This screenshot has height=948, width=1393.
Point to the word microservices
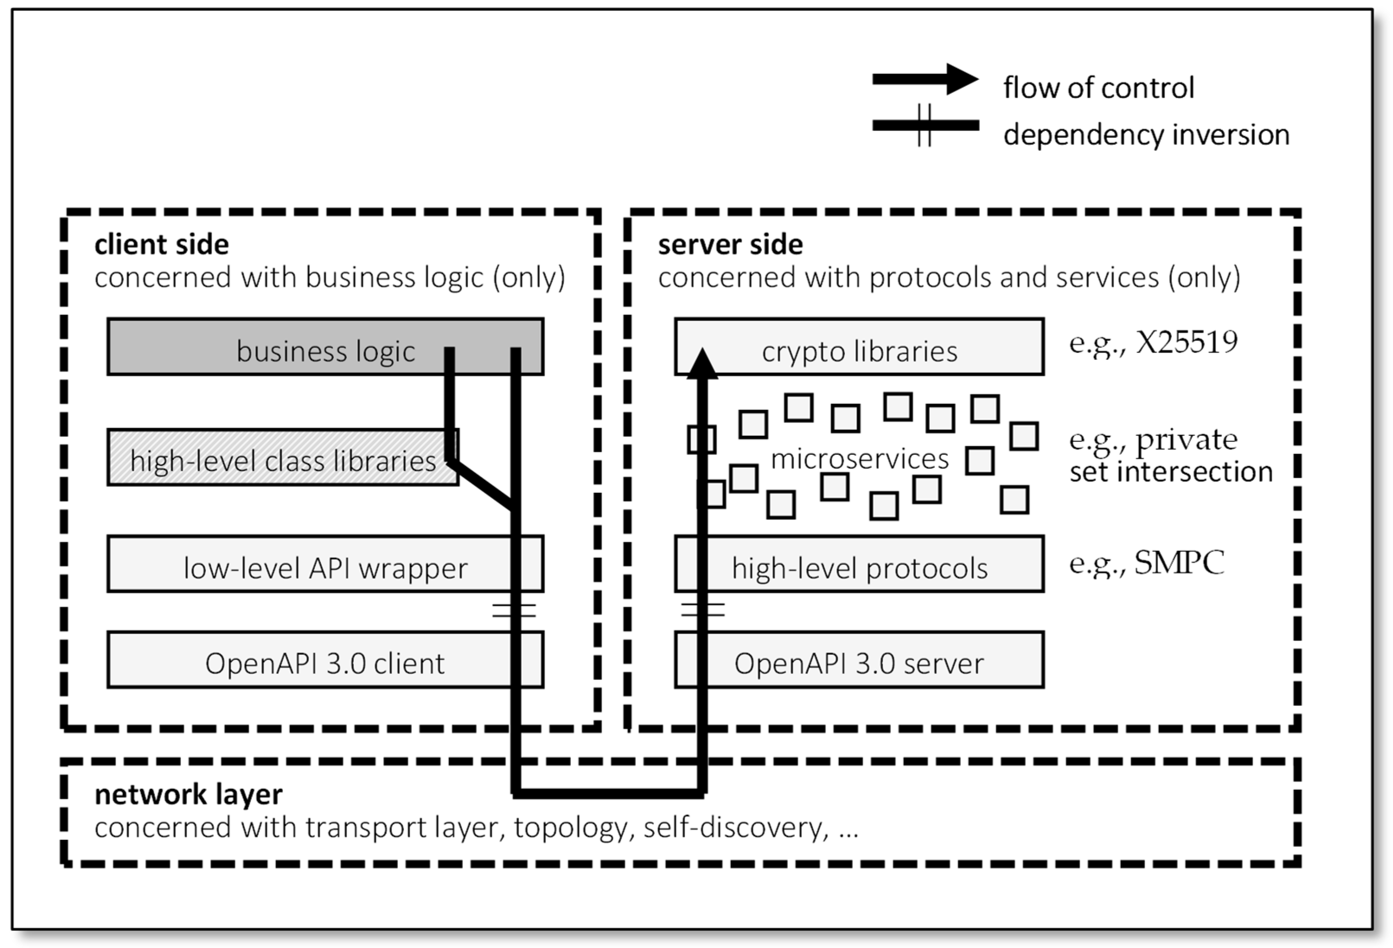pos(859,459)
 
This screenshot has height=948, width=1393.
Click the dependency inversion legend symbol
pos(925,125)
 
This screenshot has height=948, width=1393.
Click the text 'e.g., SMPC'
pos(1146,563)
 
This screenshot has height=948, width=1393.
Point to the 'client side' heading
pos(162,245)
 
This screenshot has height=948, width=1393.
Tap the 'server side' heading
pos(730,245)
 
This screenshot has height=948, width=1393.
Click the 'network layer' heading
pos(188,795)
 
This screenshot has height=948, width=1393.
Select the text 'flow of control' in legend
pos(1098,87)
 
